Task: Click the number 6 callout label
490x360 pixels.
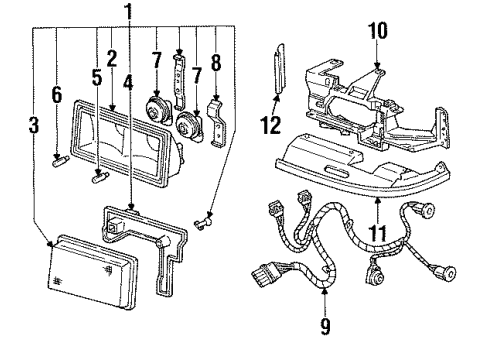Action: click(x=57, y=95)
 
